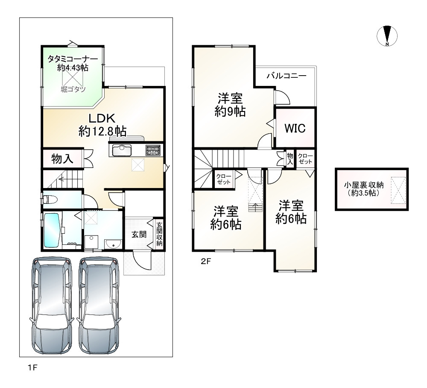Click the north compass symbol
click(x=387, y=36)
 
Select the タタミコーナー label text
click(x=73, y=59)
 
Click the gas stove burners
click(x=153, y=150)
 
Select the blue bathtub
click(x=52, y=230)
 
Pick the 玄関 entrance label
click(x=139, y=234)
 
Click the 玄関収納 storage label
click(x=159, y=234)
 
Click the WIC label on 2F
click(x=295, y=128)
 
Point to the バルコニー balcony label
click(x=287, y=76)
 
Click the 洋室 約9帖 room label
click(x=230, y=105)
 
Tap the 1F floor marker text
click(x=32, y=367)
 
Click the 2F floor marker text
click(x=206, y=261)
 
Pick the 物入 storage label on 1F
click(x=62, y=159)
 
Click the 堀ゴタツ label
click(x=73, y=89)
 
